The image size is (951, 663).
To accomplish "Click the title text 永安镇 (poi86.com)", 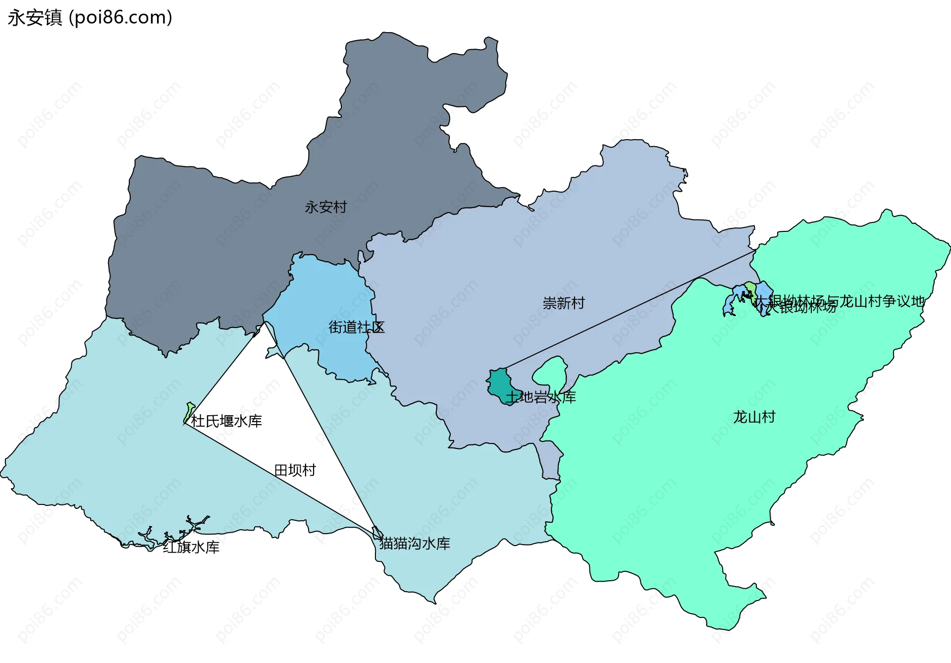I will pos(90,18).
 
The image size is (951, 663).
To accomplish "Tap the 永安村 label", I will pos(325,207).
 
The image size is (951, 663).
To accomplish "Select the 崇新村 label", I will pos(564,303).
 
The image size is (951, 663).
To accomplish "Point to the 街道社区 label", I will pos(356,327).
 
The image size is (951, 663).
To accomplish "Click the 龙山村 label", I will pos(754,417).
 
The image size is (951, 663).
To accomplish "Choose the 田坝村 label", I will pos(295,470).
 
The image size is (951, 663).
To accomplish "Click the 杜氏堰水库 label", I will pos(226,421).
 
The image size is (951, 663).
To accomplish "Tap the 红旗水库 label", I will pos(191,547).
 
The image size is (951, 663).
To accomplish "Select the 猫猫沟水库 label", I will pos(415,544).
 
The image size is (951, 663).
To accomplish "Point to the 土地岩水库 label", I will pos(541,397).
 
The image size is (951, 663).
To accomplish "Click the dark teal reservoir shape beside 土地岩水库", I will pos(500,384).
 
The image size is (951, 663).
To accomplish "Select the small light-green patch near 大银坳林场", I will pos(751,288).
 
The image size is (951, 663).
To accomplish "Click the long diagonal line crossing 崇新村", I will pos(629,310).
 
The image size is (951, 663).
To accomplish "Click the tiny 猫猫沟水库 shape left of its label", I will pos(377,533).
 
